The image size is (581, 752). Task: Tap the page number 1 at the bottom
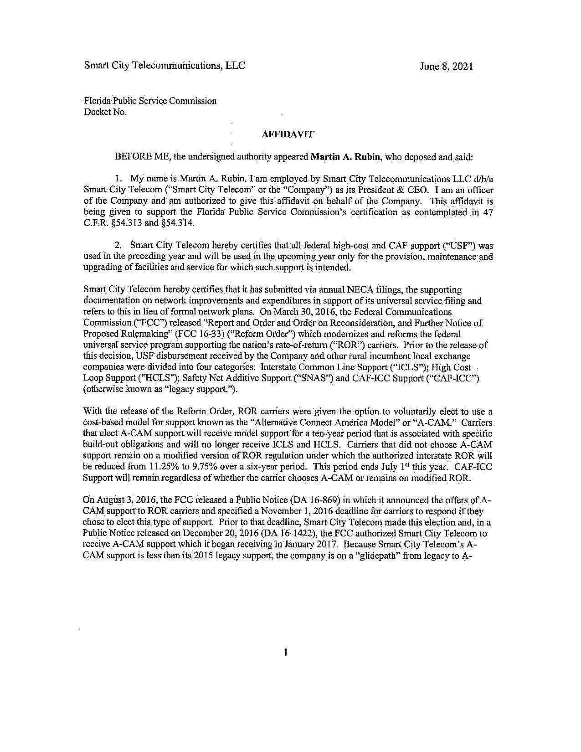tap(285, 653)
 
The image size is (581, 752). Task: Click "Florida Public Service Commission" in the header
tap(150, 101)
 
